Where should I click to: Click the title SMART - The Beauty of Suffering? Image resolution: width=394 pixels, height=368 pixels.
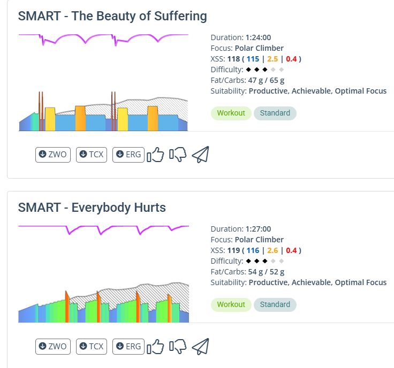(112, 16)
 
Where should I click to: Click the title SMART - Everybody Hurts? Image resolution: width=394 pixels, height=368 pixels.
(92, 208)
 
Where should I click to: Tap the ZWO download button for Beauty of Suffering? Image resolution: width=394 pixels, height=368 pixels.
(53, 155)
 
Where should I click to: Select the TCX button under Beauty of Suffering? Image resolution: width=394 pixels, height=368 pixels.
(92, 155)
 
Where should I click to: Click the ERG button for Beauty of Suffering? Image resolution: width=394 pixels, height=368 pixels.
(128, 155)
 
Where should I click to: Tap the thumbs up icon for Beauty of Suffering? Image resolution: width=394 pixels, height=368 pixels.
(155, 155)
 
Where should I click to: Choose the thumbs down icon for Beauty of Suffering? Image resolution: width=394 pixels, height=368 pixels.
(178, 155)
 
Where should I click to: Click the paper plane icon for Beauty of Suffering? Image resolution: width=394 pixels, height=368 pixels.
(200, 155)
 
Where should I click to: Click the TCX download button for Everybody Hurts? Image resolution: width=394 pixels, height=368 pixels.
(92, 347)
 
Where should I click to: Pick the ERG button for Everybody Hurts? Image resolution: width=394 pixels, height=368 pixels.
(128, 347)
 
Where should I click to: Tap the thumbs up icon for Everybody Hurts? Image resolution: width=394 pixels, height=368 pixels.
(155, 347)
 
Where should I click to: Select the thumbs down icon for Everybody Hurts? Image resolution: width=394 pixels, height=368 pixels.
(178, 347)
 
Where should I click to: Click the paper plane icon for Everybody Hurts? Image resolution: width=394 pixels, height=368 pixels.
(200, 346)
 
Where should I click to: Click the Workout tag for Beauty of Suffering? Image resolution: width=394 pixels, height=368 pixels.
(231, 113)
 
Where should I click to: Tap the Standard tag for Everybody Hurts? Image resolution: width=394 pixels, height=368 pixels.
(275, 304)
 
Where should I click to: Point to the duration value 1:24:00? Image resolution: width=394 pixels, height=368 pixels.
(258, 37)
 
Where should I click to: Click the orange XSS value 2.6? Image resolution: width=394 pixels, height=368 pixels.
(272, 250)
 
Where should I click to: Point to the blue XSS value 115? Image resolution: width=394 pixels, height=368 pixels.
(253, 59)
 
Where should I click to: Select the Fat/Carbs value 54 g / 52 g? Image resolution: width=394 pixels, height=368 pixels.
(266, 272)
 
